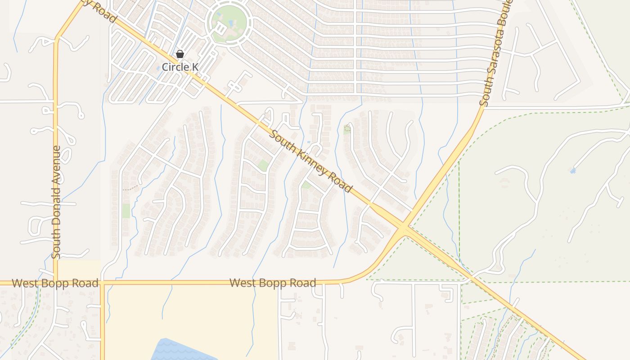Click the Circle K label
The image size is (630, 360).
pyautogui.click(x=180, y=67)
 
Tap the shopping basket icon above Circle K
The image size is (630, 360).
pyautogui.click(x=180, y=54)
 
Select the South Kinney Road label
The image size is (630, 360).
pyautogui.click(x=310, y=161)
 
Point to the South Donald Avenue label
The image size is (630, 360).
pyautogui.click(x=56, y=202)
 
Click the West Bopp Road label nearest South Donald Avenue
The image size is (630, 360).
pyautogui.click(x=55, y=283)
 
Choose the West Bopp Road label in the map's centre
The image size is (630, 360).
pyautogui.click(x=273, y=283)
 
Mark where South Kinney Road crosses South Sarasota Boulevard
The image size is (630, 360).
pyautogui.click(x=404, y=226)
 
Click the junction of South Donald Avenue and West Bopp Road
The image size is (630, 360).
pyautogui.click(x=56, y=283)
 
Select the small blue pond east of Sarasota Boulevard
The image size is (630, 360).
pyautogui.click(x=572, y=171)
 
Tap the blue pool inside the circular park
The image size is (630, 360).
pyautogui.click(x=231, y=22)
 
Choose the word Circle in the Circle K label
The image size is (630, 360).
pyautogui.click(x=174, y=67)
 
